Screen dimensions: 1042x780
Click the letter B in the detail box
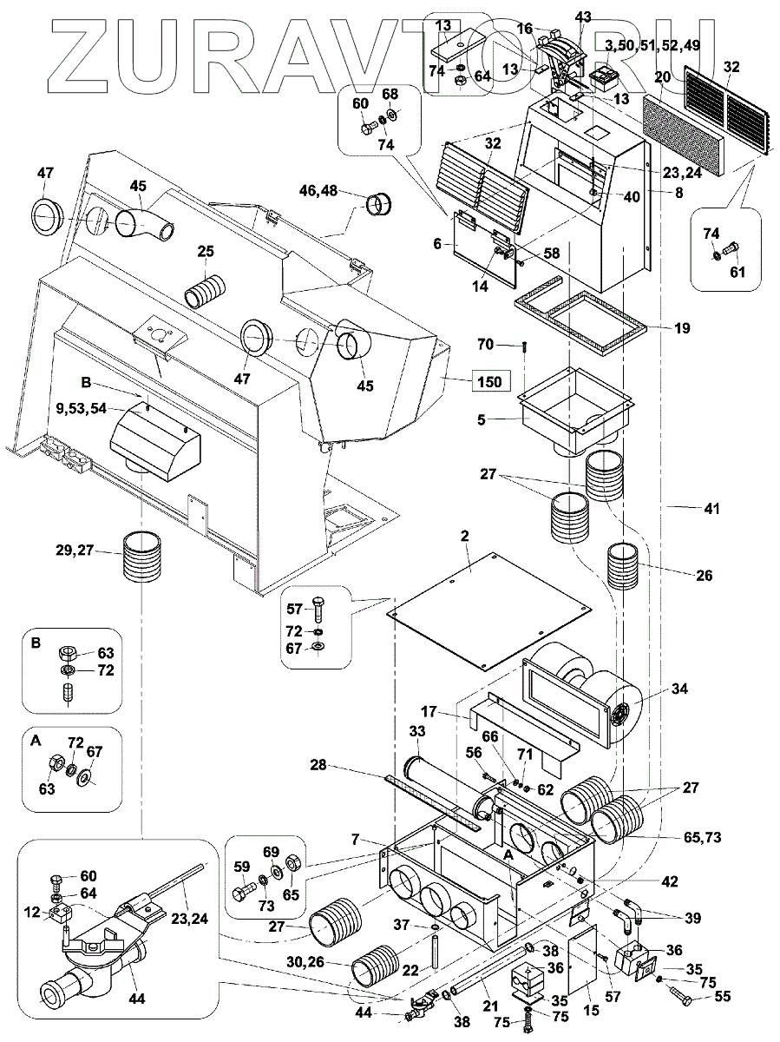[x=36, y=643]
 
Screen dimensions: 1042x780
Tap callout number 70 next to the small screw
[x=485, y=345]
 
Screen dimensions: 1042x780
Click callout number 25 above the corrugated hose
[x=205, y=252]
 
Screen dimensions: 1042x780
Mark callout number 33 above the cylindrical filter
[x=418, y=734]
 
